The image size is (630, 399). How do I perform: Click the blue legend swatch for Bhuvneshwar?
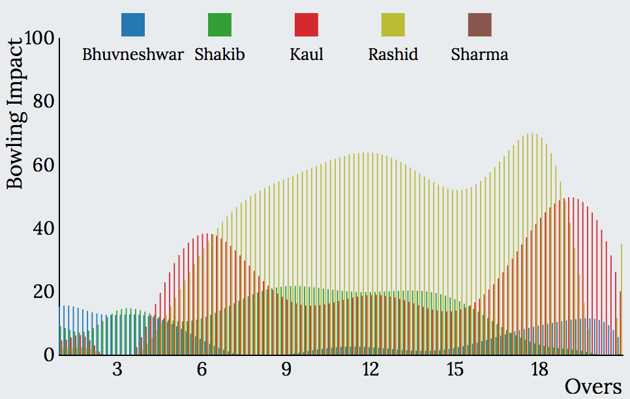pos(133,25)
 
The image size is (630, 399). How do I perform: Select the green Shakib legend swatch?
pos(220,25)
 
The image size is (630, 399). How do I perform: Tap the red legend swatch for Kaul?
pos(307,25)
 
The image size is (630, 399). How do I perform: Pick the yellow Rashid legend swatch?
pos(393,25)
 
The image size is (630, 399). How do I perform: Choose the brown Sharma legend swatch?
pos(480,25)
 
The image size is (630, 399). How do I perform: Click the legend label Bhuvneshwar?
pos(133,54)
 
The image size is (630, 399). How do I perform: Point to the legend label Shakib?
pos(220,54)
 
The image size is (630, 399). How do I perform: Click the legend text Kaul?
pos(307,54)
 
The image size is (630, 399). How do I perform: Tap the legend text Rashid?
pos(393,54)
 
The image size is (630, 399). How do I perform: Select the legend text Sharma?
pos(480,54)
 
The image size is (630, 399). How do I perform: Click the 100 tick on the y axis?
pos(39,38)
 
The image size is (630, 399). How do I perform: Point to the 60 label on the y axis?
pos(44,165)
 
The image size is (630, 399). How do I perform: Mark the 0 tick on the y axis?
pos(49,355)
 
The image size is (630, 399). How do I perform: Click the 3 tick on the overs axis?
pos(117,369)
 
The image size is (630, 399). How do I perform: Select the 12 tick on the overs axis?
pos(370,369)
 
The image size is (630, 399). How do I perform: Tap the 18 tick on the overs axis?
pos(539,369)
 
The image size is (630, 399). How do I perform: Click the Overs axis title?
pos(593,387)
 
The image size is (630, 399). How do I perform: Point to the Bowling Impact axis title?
pos(14,113)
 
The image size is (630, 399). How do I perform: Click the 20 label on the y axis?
pos(44,291)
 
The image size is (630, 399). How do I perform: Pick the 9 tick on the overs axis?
pos(286,369)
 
